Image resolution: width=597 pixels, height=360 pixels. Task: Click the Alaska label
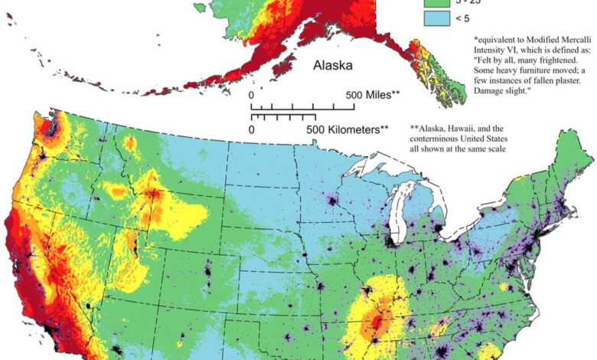click(x=332, y=66)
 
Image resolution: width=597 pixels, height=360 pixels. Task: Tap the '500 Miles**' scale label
click(x=374, y=95)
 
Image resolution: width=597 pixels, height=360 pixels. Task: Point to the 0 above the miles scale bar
click(x=252, y=95)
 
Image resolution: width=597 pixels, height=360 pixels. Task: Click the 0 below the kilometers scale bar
click(x=252, y=129)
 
